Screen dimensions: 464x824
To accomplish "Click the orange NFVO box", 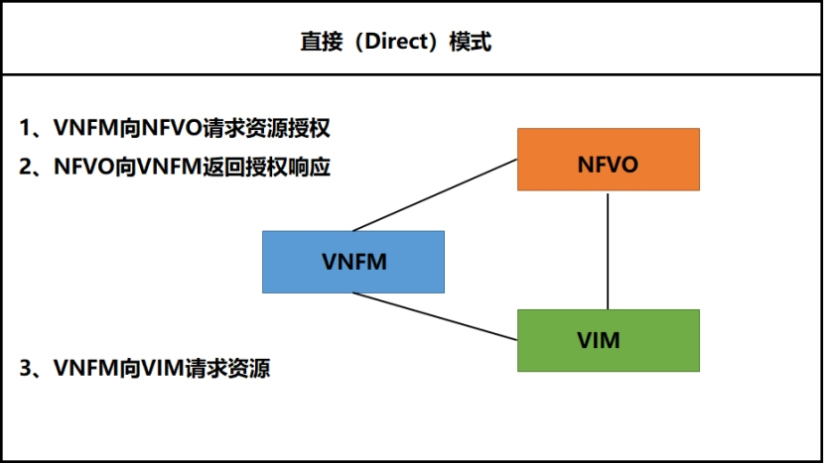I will pyautogui.click(x=608, y=160).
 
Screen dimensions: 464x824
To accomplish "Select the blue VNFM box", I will pyautogui.click(x=353, y=262).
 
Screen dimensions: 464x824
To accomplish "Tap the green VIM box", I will pyautogui.click(x=608, y=340).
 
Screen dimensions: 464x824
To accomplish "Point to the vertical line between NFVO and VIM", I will pyautogui.click(x=608, y=250).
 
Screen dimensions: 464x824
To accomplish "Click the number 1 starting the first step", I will pyautogui.click(x=27, y=128).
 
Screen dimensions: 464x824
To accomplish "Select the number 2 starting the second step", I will pyautogui.click(x=27, y=168).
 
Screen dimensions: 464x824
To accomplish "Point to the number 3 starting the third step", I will pyautogui.click(x=27, y=369).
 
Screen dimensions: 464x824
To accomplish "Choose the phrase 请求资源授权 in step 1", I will pyautogui.click(x=265, y=128).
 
